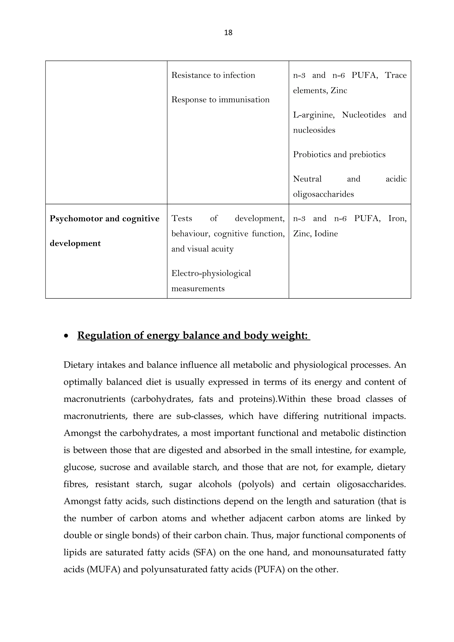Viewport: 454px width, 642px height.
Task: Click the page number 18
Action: pyautogui.click(x=228, y=33)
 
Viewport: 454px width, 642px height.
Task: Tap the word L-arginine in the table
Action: pyautogui.click(x=313, y=115)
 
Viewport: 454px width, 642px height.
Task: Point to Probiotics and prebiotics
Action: pyautogui.click(x=339, y=154)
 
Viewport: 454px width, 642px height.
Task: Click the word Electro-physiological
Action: pyautogui.click(x=211, y=273)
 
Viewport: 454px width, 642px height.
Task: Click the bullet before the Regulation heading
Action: pyautogui.click(x=66, y=336)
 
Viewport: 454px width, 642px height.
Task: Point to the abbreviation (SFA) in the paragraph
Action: pyautogui.click(x=204, y=553)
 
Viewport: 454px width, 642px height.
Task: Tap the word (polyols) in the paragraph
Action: pyautogui.click(x=256, y=484)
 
